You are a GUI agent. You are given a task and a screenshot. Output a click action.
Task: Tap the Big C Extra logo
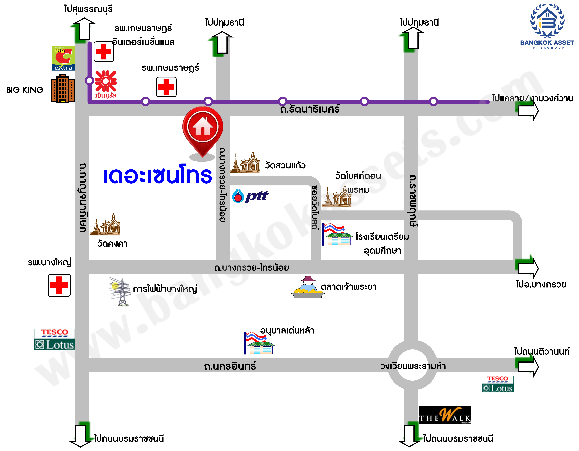pos(63,58)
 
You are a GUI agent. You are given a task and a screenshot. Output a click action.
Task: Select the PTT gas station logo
pos(250,196)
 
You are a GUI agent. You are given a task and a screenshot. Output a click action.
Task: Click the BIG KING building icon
pos(63,89)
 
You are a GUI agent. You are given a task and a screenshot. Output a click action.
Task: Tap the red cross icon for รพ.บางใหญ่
pos(59,285)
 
